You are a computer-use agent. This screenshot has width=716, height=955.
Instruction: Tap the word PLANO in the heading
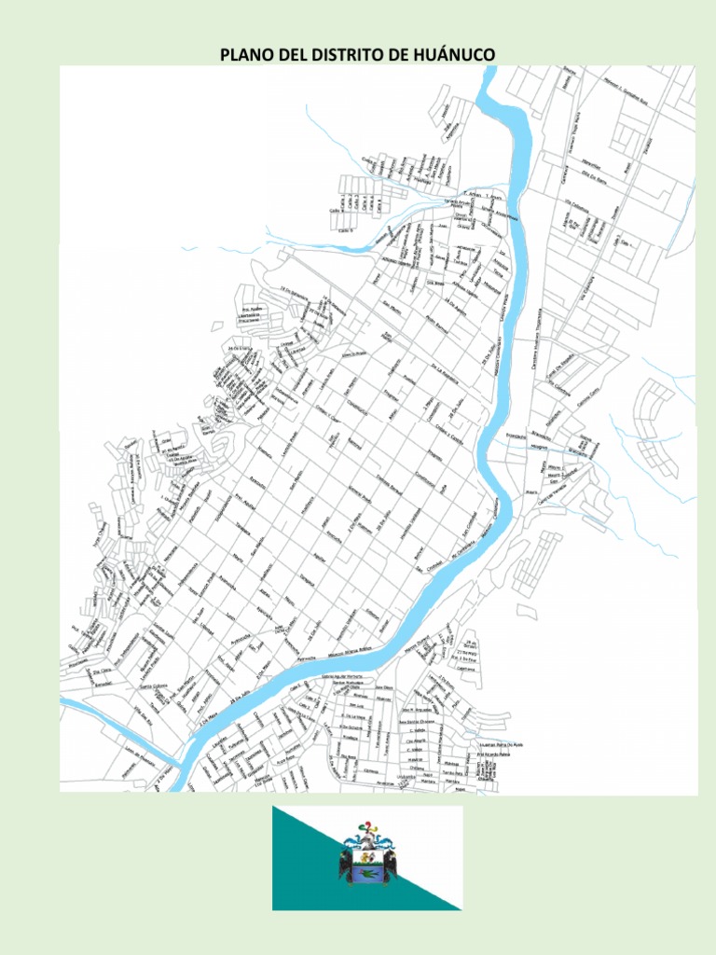(x=244, y=55)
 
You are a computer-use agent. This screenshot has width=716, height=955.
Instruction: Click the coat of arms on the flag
(x=367, y=854)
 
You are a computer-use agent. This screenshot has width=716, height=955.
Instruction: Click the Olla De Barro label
(x=594, y=173)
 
